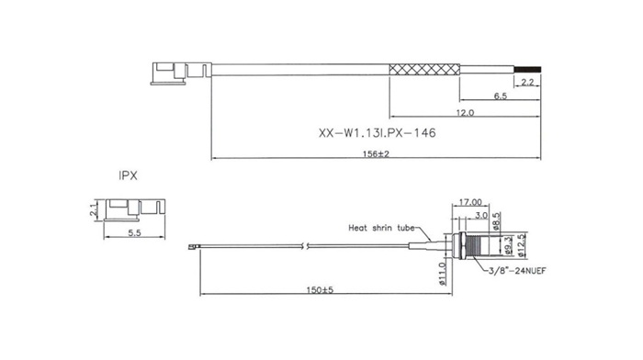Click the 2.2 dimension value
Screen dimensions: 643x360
click(x=527, y=83)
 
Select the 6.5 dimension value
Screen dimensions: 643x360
click(x=501, y=96)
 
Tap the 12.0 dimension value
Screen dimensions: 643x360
click(x=465, y=112)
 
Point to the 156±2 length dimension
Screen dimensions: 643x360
click(x=376, y=154)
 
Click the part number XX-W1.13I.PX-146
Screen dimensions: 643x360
click(x=377, y=133)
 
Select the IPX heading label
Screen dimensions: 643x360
click(x=128, y=176)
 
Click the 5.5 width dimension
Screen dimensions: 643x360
click(x=134, y=233)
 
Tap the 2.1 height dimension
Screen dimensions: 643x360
click(x=94, y=210)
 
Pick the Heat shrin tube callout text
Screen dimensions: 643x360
click(x=381, y=228)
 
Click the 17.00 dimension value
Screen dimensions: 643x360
click(x=470, y=202)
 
